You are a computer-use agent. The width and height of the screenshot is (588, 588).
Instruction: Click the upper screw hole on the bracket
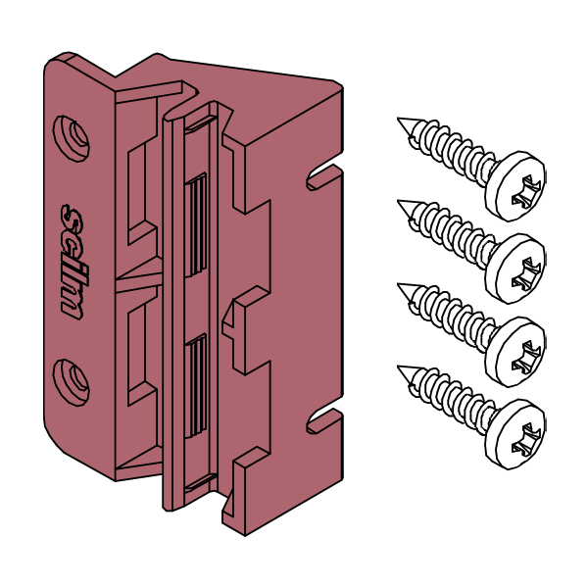[72, 139]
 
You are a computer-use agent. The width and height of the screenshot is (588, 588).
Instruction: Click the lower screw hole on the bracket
[72, 382]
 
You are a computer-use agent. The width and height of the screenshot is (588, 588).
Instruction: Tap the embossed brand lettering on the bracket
[73, 262]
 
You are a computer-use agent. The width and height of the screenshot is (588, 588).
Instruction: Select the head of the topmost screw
[515, 186]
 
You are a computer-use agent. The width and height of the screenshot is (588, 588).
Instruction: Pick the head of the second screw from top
[515, 269]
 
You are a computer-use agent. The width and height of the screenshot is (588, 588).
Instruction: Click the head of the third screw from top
[515, 352]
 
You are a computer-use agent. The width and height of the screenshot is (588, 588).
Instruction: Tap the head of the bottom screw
[515, 434]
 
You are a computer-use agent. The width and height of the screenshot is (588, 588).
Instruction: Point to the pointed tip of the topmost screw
[398, 119]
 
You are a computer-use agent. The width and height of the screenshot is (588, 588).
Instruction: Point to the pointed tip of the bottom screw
[398, 367]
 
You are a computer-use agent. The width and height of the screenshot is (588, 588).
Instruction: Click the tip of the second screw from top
[398, 201]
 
